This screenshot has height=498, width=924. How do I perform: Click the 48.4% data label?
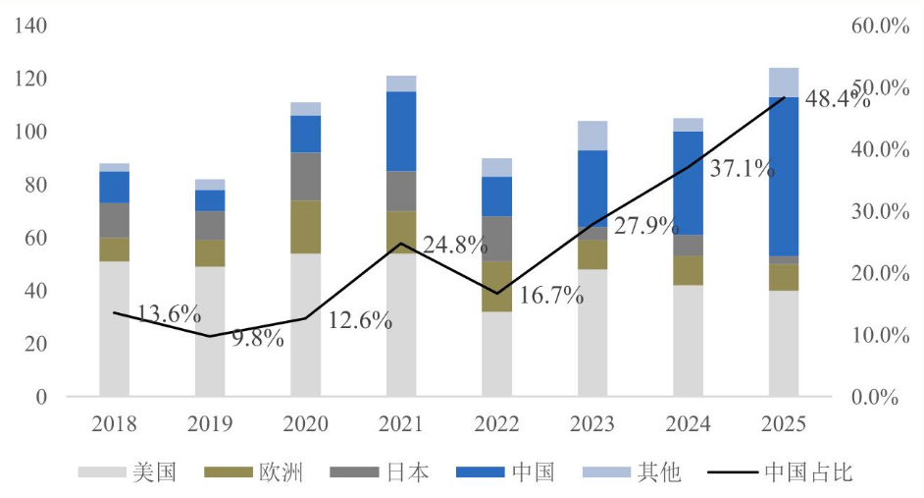(x=837, y=99)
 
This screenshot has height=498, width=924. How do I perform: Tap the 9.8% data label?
(x=258, y=338)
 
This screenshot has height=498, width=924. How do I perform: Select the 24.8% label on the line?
(x=455, y=245)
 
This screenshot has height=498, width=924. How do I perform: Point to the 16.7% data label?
(x=551, y=295)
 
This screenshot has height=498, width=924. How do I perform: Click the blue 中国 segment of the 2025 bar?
(x=783, y=177)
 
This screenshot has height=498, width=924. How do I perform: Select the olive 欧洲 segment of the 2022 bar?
(x=496, y=287)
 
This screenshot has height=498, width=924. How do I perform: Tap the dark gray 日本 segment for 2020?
(x=306, y=177)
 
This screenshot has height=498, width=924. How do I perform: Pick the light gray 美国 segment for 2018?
(x=115, y=329)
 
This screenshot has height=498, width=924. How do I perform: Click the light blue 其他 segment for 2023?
(x=592, y=136)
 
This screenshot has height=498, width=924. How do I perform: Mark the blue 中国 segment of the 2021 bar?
(x=401, y=132)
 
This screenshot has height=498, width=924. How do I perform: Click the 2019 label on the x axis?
(x=210, y=423)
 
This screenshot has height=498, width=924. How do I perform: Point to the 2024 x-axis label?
(x=688, y=423)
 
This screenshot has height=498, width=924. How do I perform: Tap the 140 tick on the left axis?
(x=30, y=26)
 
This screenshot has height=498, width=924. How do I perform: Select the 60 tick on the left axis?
(x=35, y=237)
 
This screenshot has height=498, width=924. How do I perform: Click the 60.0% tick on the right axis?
(x=880, y=26)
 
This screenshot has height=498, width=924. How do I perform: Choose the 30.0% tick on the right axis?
(x=880, y=211)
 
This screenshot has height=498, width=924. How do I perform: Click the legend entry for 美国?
(x=128, y=472)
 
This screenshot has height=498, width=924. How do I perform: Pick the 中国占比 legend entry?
(x=780, y=472)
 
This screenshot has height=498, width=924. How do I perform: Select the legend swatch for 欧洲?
(x=229, y=472)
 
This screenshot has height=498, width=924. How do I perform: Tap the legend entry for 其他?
(x=632, y=472)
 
